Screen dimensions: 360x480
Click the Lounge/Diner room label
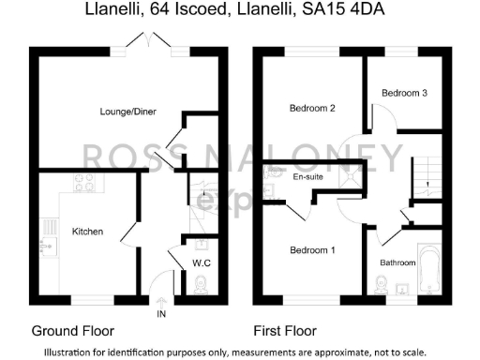(128, 112)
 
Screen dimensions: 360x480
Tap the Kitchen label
(87, 232)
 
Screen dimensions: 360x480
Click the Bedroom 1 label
(311, 250)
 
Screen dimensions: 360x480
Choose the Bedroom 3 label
(404, 93)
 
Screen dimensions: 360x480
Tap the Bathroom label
(397, 262)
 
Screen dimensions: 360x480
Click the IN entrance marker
(161, 313)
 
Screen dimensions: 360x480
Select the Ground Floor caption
(73, 331)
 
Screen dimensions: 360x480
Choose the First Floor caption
(285, 331)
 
